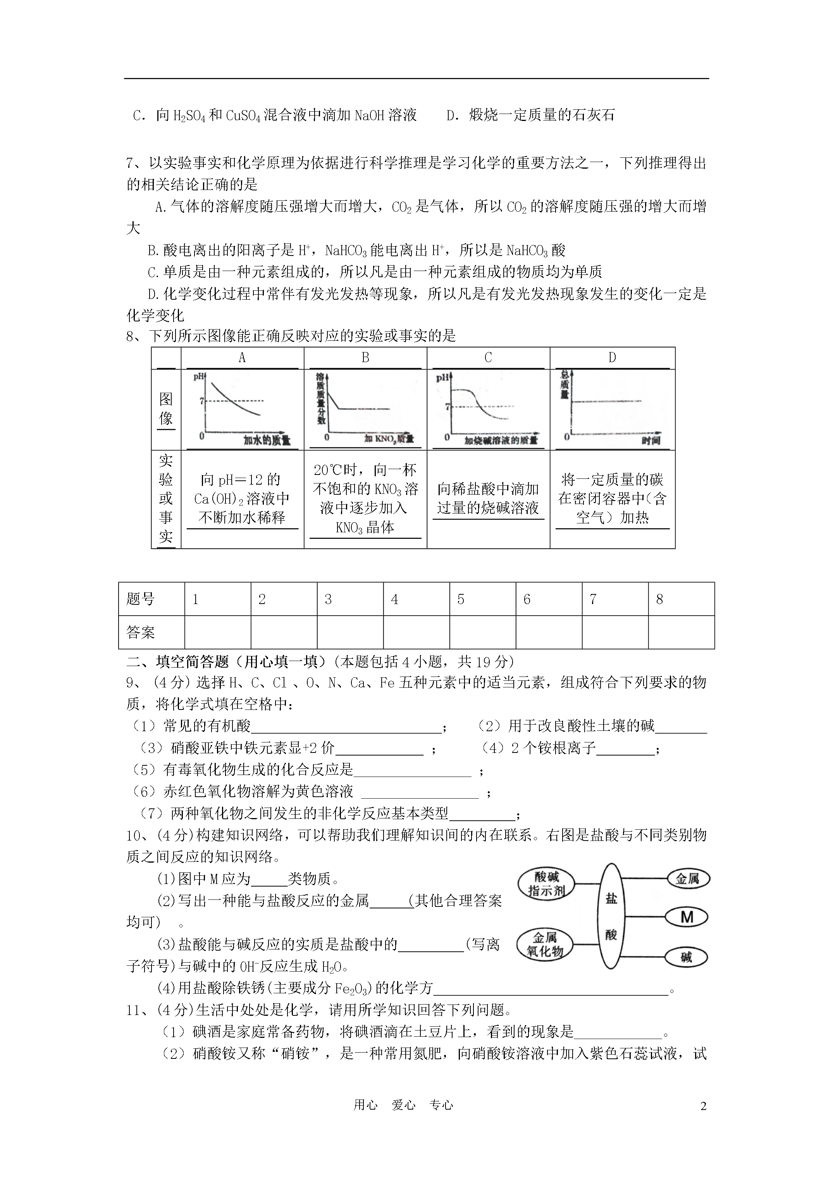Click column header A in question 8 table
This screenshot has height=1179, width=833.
[x=242, y=358]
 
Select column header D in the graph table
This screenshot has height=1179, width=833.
[x=612, y=358]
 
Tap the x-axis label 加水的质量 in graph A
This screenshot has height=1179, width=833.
[x=267, y=440]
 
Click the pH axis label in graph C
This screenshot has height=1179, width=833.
[x=442, y=378]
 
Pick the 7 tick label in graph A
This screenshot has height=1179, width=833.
[x=202, y=400]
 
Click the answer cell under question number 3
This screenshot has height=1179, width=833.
[x=350, y=632]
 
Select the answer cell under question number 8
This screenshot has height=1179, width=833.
[x=681, y=632]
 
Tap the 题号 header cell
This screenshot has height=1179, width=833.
[x=151, y=599]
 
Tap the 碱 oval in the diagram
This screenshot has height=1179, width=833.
[x=686, y=957]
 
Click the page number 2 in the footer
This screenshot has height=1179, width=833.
[x=703, y=1106]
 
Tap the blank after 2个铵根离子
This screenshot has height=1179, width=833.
[x=625, y=749]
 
